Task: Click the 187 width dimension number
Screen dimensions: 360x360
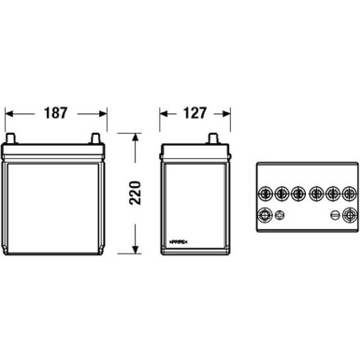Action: pos(55,113)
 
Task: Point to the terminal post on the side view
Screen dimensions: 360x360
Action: pos(212,141)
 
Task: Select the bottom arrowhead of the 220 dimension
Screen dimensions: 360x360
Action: pos(137,250)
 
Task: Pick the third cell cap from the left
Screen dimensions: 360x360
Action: pos(298,194)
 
